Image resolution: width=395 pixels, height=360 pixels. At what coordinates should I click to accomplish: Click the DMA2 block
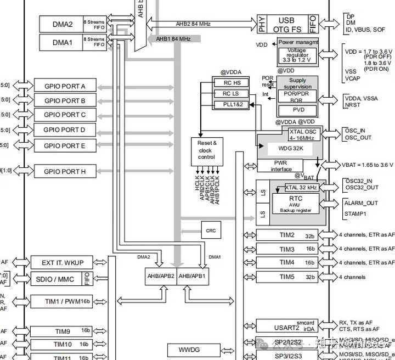[63, 24]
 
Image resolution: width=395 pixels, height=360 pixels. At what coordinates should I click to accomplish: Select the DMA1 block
[63, 42]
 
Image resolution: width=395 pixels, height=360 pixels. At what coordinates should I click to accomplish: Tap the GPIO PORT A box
[64, 86]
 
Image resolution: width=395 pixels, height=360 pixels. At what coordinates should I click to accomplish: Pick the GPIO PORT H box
[64, 171]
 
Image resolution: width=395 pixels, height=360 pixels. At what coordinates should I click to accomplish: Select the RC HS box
[231, 83]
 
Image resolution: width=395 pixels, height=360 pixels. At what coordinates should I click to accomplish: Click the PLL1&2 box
[231, 104]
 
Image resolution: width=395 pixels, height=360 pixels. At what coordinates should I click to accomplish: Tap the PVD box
[298, 110]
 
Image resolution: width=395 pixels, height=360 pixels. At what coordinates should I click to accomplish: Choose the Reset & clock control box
[206, 150]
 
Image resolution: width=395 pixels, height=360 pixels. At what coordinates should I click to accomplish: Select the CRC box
[211, 231]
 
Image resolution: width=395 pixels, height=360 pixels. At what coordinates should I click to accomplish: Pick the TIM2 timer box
[287, 235]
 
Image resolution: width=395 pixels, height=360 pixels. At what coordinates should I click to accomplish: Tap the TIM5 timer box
[287, 277]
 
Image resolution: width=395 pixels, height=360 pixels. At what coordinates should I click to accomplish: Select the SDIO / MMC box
[59, 279]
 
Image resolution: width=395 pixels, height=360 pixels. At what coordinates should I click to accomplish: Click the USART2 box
[287, 327]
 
